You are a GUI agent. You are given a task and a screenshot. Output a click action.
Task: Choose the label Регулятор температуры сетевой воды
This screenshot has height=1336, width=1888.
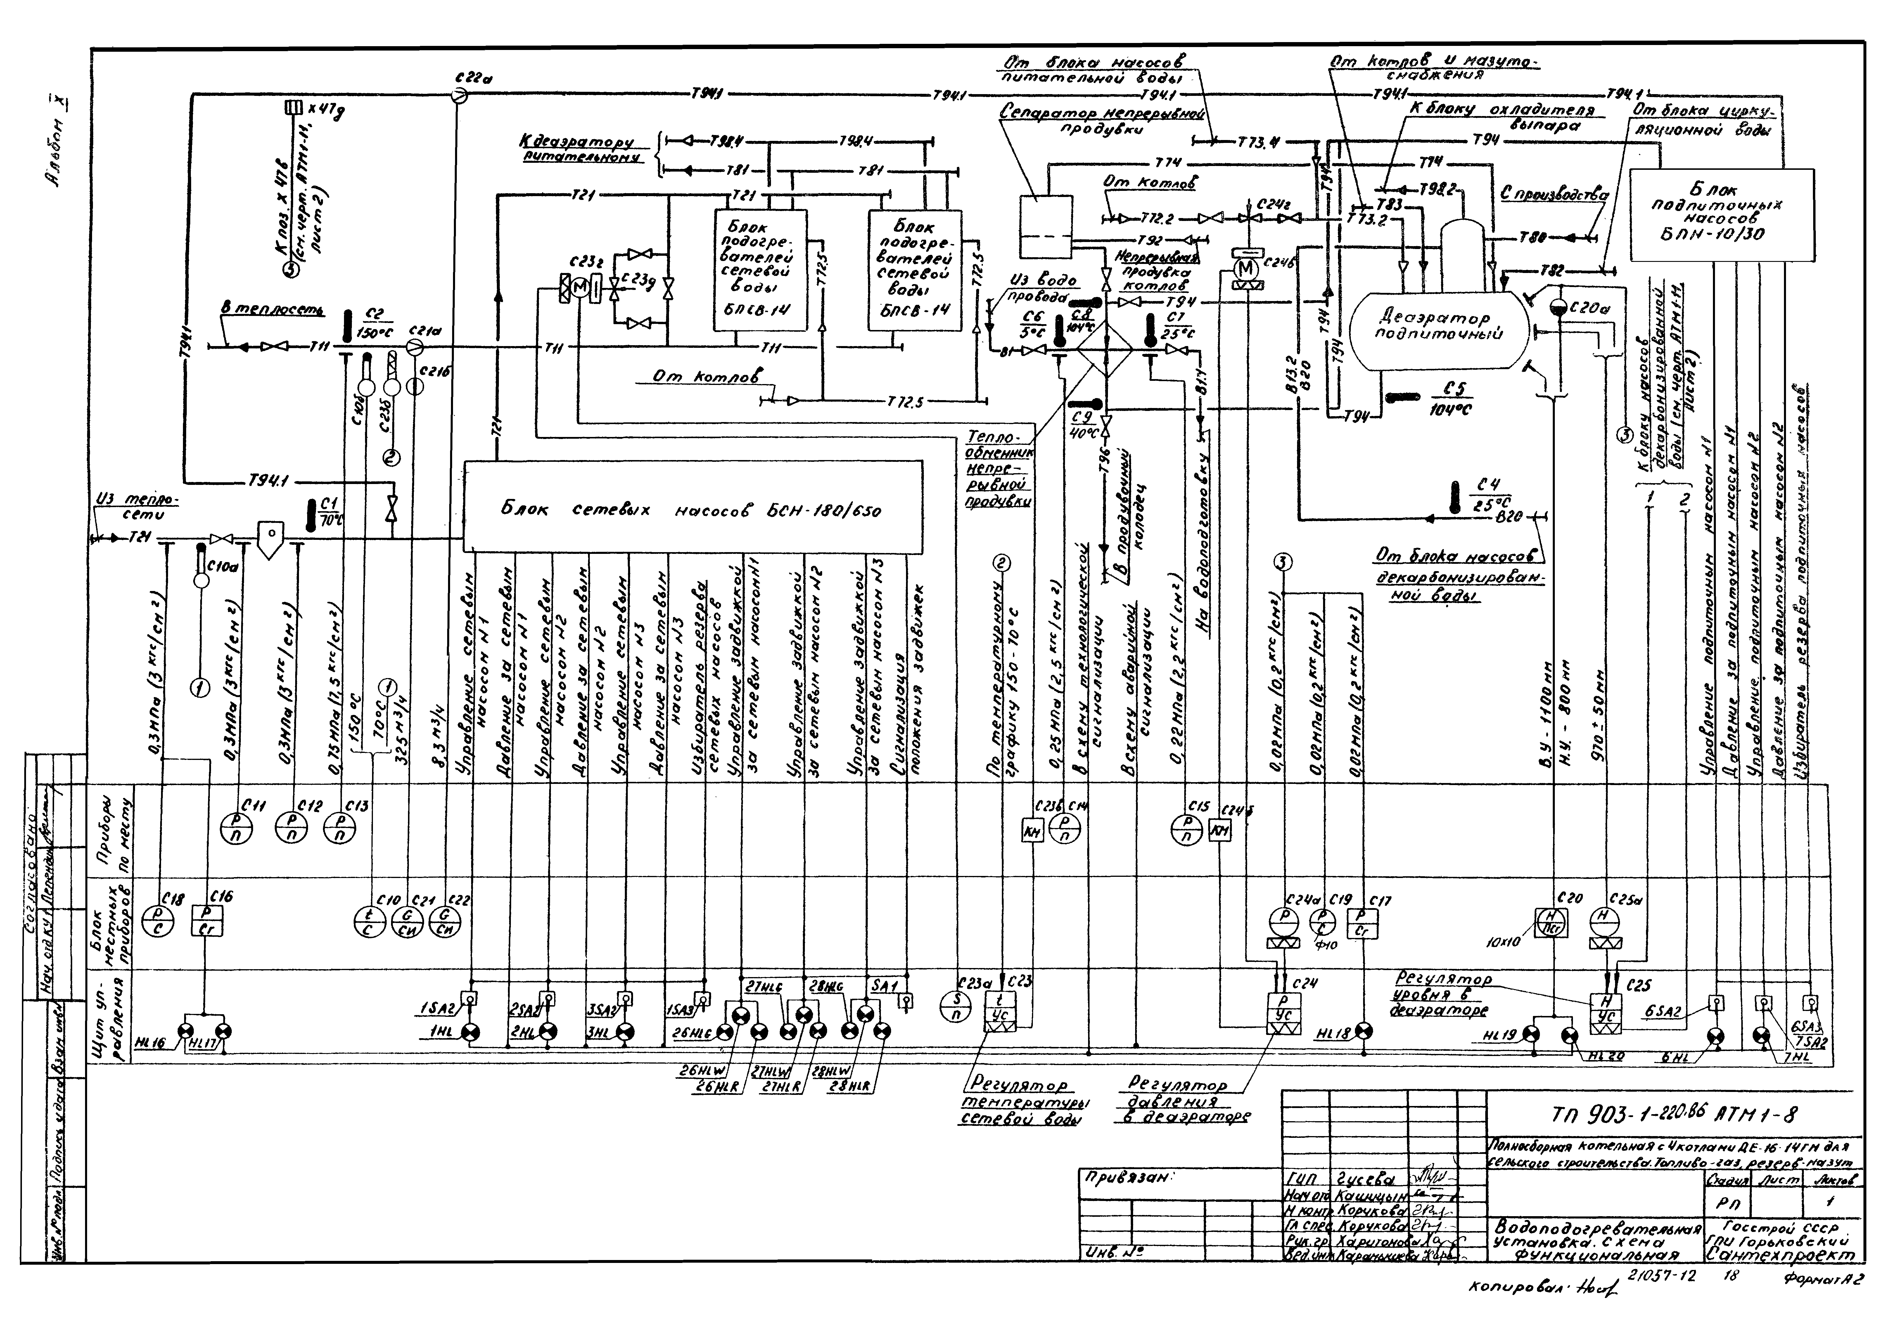coord(1019,1102)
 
